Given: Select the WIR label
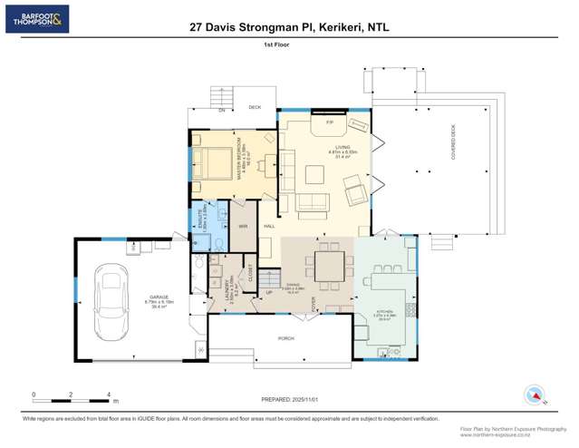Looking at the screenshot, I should (244, 226).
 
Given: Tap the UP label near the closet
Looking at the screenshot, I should (268, 292).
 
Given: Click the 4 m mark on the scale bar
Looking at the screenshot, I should (109, 394).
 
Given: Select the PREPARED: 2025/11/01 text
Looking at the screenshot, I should (289, 398).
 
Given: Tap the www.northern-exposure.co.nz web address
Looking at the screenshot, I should (513, 434).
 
